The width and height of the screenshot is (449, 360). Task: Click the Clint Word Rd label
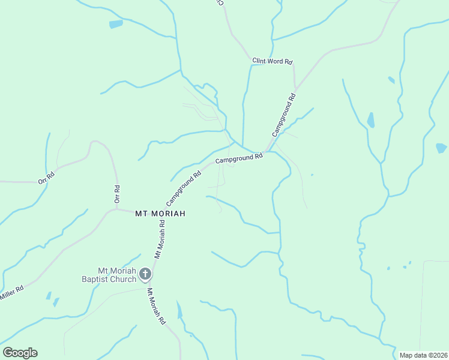pyautogui.click(x=272, y=61)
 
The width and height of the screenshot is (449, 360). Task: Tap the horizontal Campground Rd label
pyautogui.click(x=240, y=159)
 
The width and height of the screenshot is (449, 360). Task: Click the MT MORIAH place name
pyautogui.click(x=160, y=214)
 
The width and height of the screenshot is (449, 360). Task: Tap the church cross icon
pyautogui.click(x=145, y=275)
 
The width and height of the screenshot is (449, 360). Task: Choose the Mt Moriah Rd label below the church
pyautogui.click(x=156, y=307)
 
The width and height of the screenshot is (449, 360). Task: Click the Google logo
pyautogui.click(x=20, y=353)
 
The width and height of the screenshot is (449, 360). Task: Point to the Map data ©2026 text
pyautogui.click(x=423, y=355)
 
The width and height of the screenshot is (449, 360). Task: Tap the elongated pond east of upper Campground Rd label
pyautogui.click(x=370, y=120)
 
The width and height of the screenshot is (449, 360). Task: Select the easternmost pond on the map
pyautogui.click(x=441, y=148)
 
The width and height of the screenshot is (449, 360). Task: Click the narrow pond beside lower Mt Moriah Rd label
pyautogui.click(x=178, y=310)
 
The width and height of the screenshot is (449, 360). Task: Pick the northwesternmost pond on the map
pyautogui.click(x=116, y=25)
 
